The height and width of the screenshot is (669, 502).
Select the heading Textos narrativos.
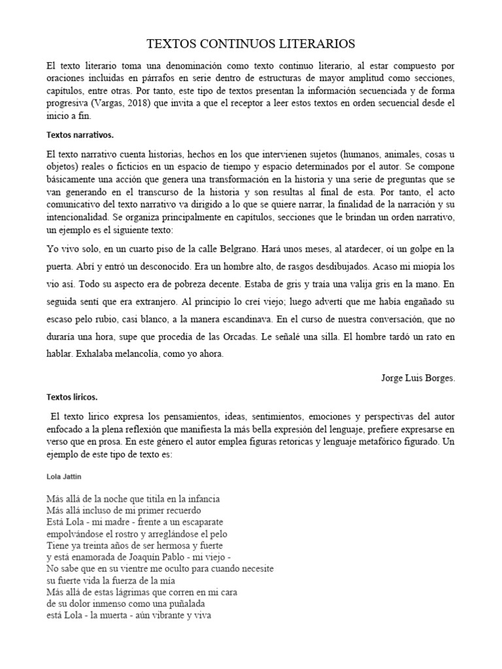80,135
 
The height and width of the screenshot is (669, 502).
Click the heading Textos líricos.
72,397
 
